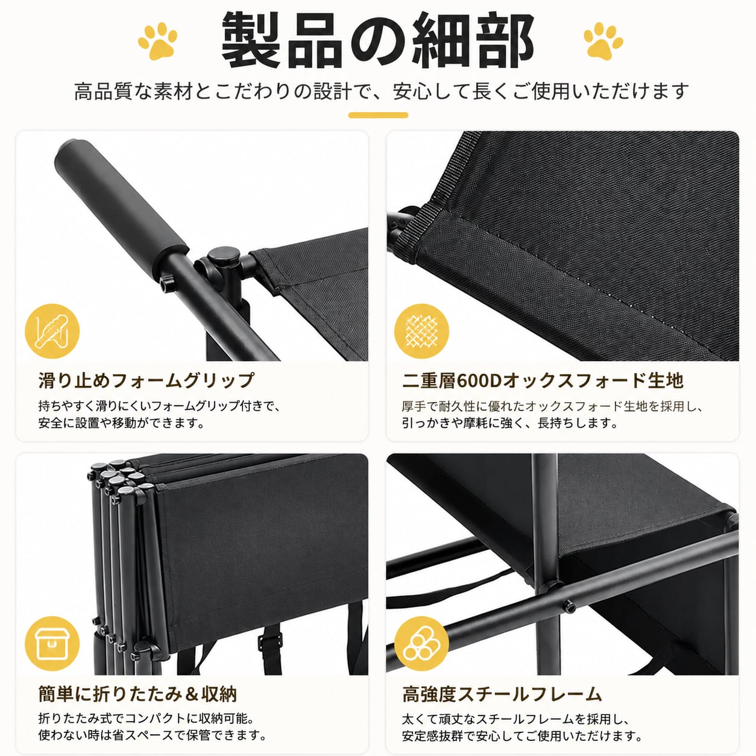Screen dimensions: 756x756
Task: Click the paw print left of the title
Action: (157, 41)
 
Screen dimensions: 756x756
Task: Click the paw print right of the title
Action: (603, 41)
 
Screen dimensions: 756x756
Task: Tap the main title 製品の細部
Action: (378, 40)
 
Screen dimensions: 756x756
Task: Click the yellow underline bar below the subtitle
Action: (378, 115)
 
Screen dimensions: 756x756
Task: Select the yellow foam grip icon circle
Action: (52, 331)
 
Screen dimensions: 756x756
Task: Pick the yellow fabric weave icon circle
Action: (422, 331)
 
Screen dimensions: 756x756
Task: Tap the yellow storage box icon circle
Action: (52, 643)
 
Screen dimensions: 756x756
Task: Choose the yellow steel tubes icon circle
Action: (422, 643)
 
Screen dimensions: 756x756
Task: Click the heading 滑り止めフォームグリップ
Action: (146, 380)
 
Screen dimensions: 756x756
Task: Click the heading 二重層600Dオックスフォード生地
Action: (543, 380)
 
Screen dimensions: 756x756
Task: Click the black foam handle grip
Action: (122, 203)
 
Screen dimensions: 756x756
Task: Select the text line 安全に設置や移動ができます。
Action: (121, 423)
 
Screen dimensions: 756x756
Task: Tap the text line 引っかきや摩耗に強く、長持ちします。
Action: (510, 423)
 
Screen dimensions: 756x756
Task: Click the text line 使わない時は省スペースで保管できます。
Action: (152, 736)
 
